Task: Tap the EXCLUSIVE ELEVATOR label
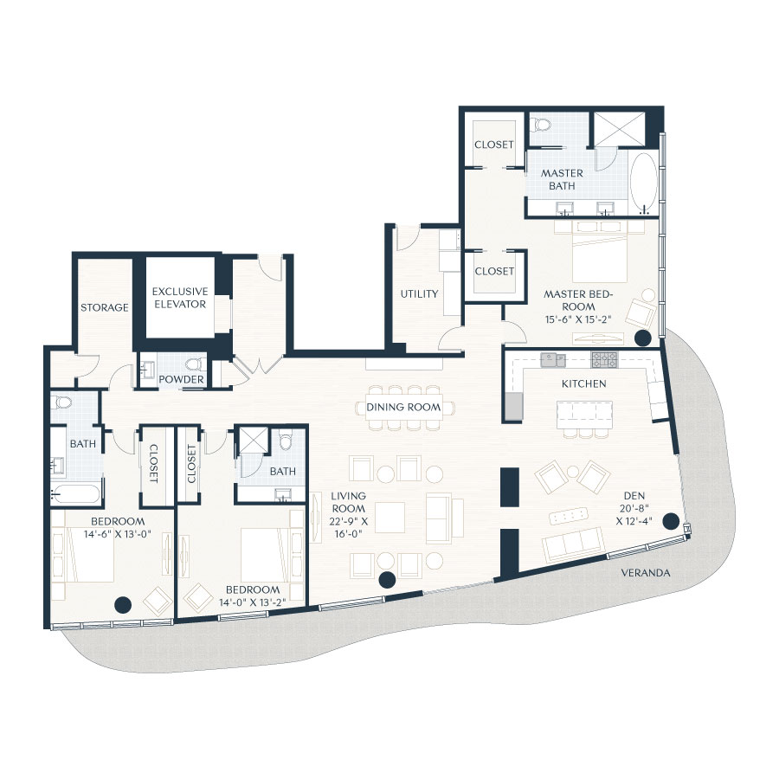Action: pos(179,298)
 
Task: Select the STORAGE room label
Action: pos(105,307)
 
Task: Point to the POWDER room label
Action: pos(182,380)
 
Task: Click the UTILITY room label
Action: pos(419,294)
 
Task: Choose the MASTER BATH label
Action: pos(563,179)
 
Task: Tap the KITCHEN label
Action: pos(583,383)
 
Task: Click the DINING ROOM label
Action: pos(403,407)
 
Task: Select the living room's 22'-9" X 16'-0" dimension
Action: pos(347,515)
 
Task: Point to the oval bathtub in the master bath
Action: pos(644,183)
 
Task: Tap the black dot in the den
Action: pos(670,521)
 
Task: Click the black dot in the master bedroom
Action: pos(642,338)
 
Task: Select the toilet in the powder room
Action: pos(194,364)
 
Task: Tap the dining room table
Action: pos(403,407)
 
